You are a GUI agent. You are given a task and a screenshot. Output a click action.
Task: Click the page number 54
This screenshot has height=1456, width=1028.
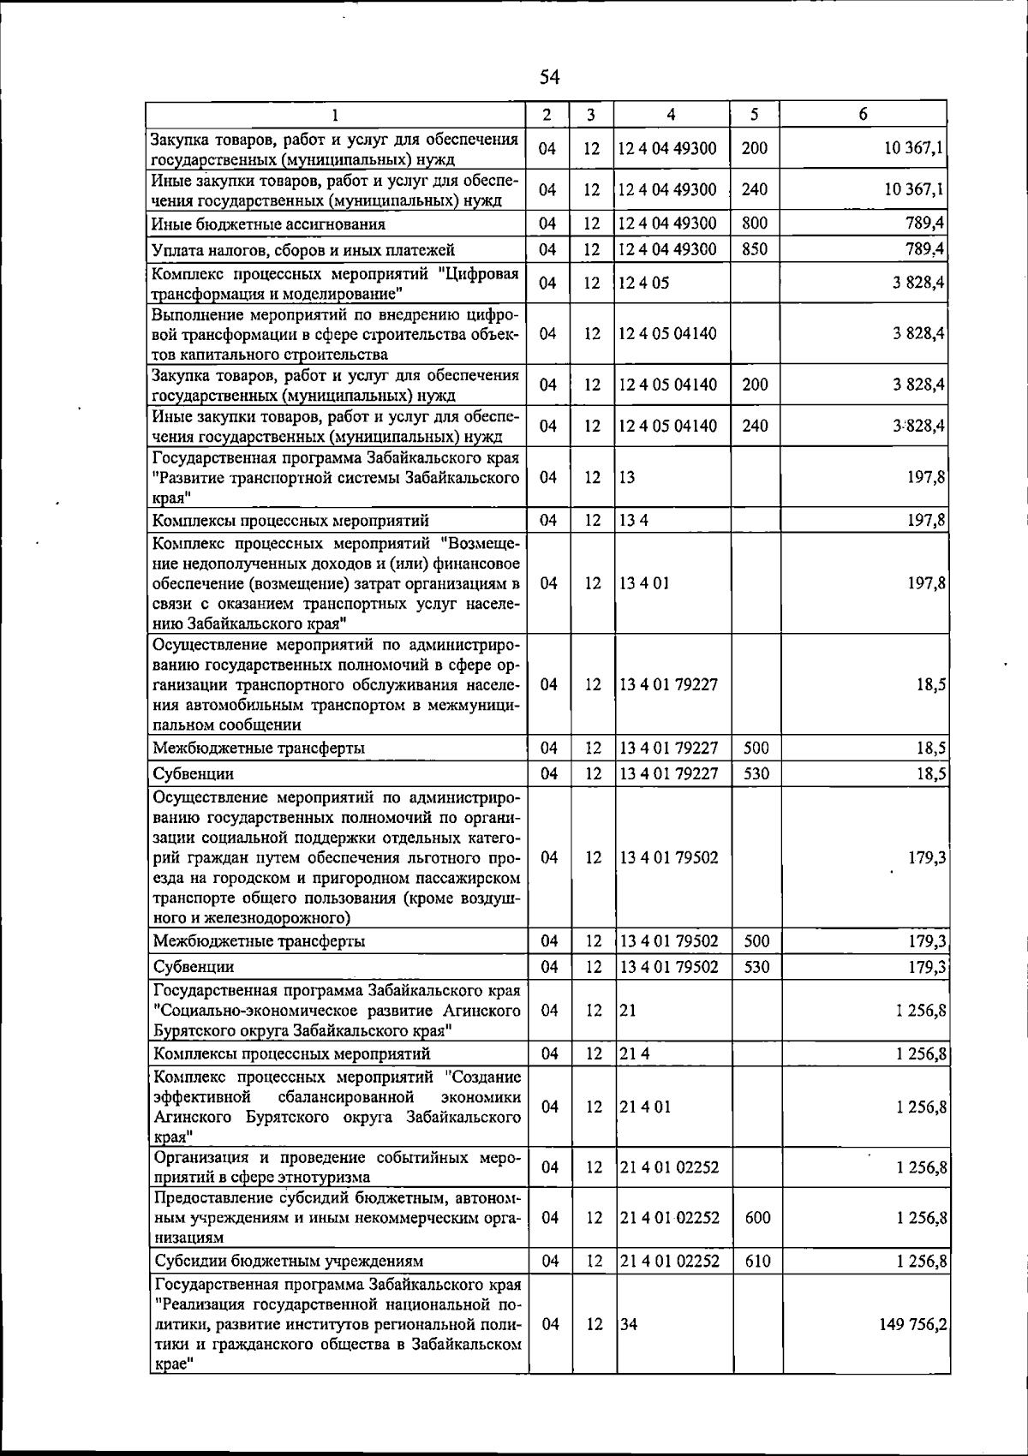coord(549,78)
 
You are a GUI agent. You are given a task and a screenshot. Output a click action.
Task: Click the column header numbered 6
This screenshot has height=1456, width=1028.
coord(864,114)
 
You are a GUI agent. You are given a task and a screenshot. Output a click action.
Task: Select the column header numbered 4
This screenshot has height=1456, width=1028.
coord(671,114)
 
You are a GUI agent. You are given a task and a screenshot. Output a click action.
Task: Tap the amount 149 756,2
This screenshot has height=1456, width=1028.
coord(912,1324)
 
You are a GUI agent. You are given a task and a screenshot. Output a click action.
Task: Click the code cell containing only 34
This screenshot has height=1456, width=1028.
coord(629,1324)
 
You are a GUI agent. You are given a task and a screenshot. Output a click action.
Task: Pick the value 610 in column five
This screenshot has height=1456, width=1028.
coord(757,1261)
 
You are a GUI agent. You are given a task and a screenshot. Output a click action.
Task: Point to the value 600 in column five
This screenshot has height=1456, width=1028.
coord(757,1217)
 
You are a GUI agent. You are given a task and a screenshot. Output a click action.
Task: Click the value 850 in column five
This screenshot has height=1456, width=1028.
coord(755,249)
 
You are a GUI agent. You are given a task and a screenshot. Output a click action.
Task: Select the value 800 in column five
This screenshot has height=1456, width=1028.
coord(755,224)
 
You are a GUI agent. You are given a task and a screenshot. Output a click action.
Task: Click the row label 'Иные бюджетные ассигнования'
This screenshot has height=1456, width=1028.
coord(268,224)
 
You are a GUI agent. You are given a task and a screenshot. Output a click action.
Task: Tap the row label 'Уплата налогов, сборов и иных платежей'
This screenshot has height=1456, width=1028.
coord(303,250)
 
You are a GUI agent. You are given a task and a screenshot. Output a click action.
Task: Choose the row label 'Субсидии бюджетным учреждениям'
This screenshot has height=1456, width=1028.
coord(289,1262)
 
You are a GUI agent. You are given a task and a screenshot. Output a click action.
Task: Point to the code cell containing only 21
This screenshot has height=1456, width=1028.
coord(628,1011)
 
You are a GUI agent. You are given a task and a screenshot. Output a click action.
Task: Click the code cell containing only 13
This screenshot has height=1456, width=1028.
coord(627,477)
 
